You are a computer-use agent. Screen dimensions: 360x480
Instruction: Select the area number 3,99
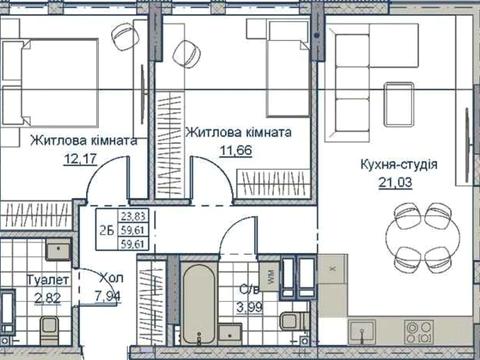pyautogui.click(x=243, y=306)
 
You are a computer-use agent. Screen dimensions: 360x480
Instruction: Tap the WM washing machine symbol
pyautogui.click(x=267, y=271)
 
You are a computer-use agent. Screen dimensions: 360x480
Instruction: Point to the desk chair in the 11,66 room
pyautogui.click(x=186, y=54)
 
